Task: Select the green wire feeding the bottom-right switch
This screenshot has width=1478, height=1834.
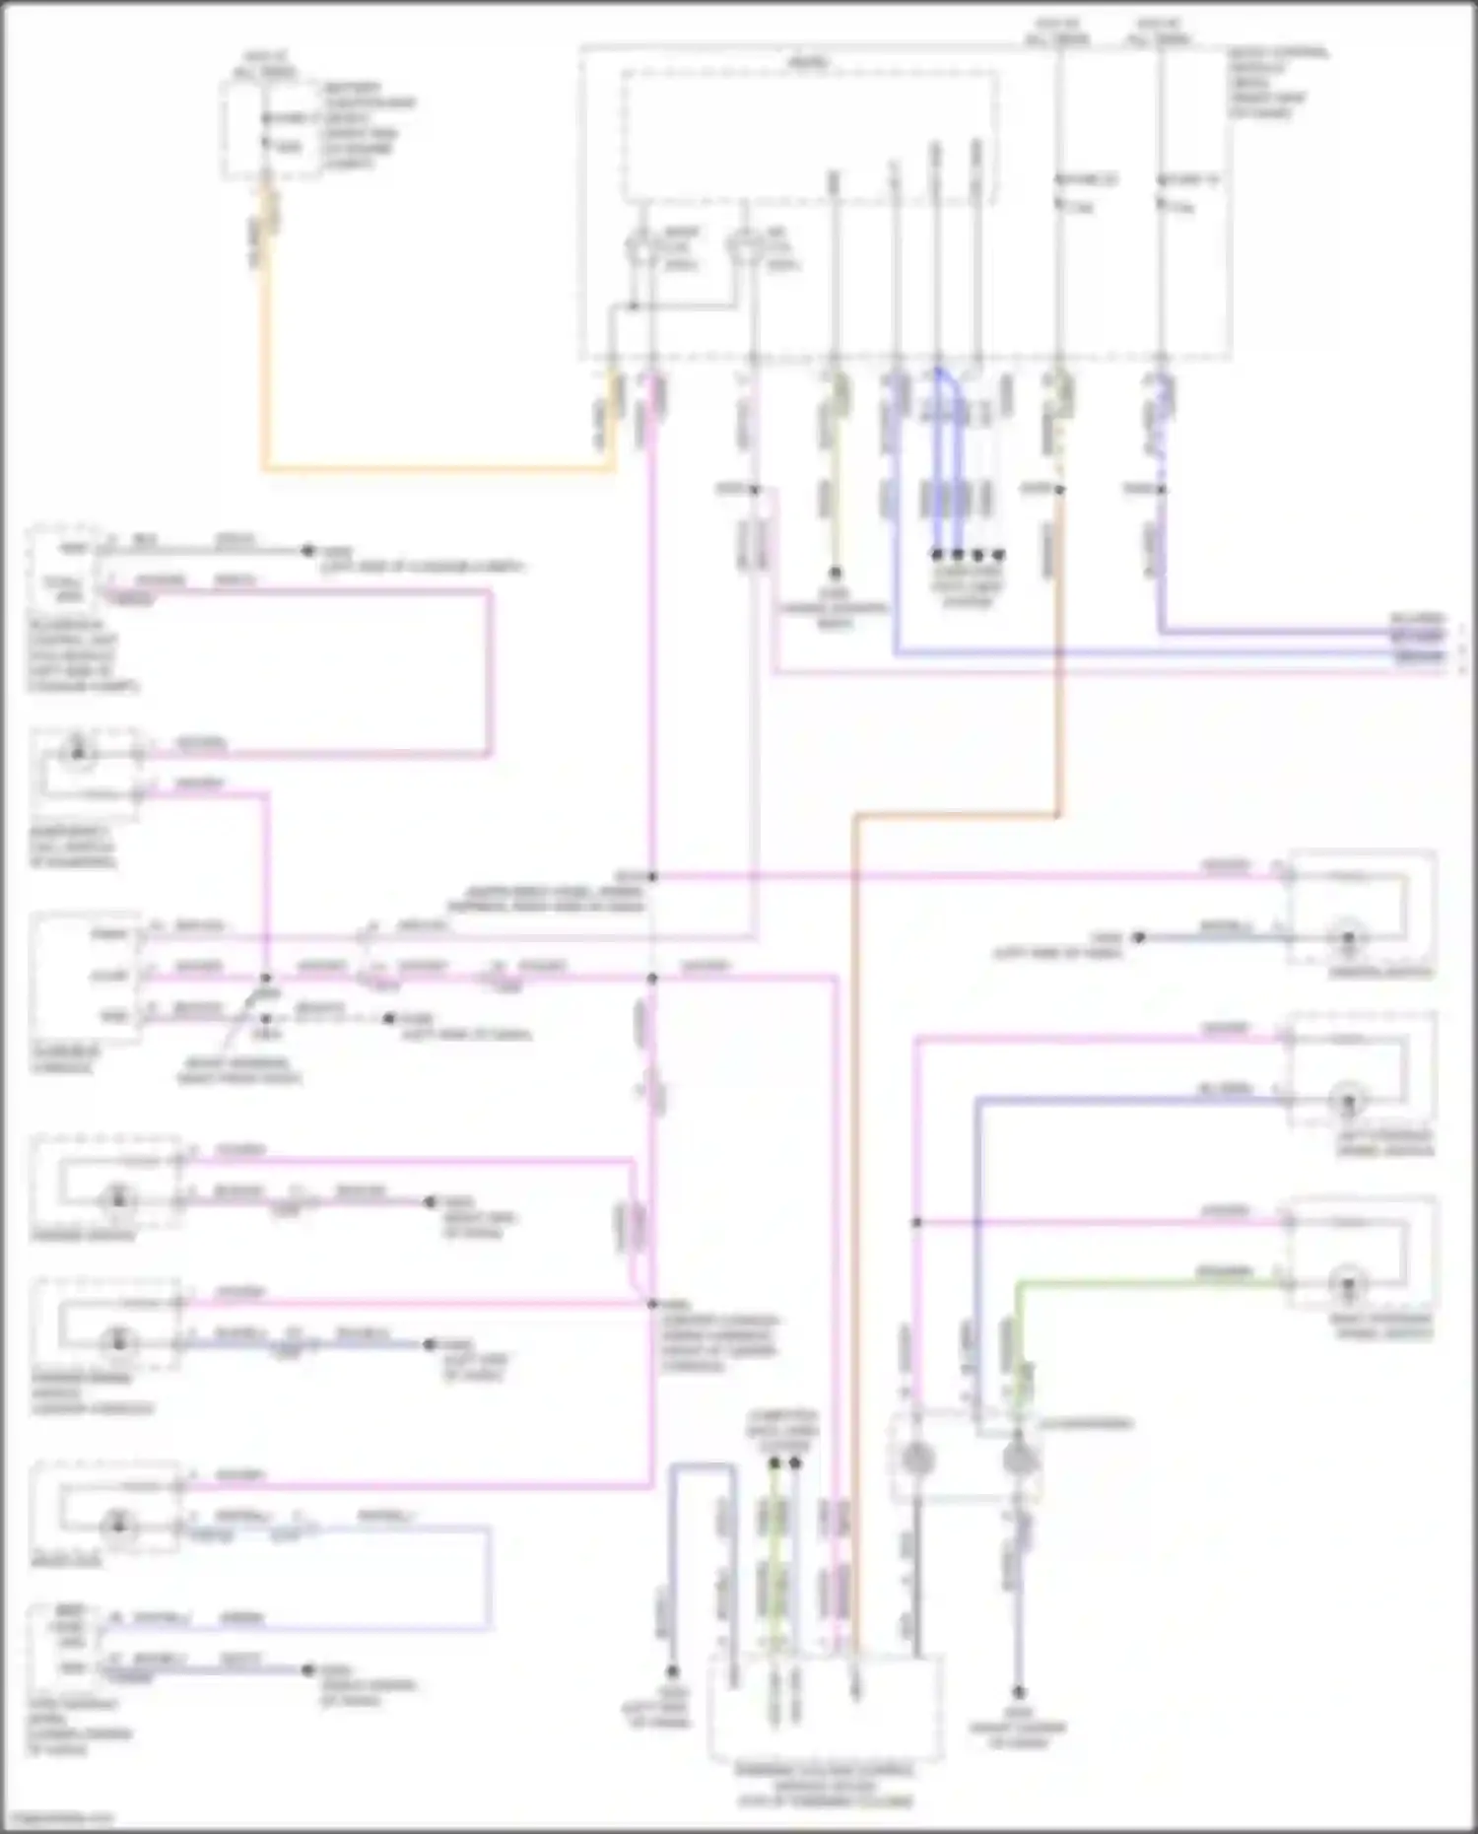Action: [x=1133, y=1283]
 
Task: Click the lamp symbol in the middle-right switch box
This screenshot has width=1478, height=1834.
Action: [x=1348, y=1100]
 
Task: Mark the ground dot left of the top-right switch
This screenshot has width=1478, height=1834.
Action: [x=1138, y=937]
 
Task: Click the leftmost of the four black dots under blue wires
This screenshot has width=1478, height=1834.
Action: [x=937, y=555]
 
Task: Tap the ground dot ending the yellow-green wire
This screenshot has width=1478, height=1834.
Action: [x=835, y=573]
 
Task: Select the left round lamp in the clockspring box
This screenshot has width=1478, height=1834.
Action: [x=916, y=1458]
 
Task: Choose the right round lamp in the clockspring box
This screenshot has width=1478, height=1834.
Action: [x=1019, y=1458]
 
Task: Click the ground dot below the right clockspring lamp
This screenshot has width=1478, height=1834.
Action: [x=1019, y=1692]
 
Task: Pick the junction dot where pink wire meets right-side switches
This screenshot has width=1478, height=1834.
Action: [x=916, y=1222]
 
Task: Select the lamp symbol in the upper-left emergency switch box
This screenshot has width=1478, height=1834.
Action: [x=76, y=755]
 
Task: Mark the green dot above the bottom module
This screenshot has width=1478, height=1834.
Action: [x=774, y=1463]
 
